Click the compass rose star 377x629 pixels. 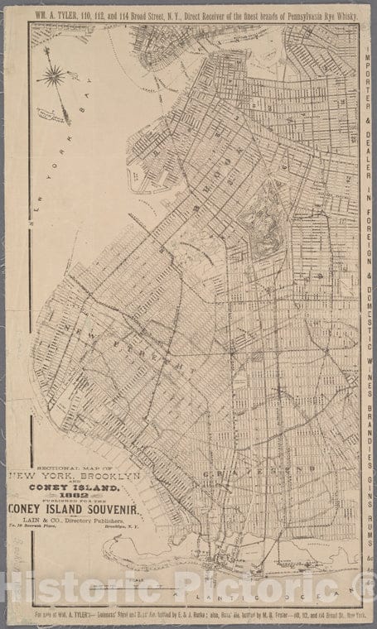(55, 75)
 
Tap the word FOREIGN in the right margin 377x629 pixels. (366, 233)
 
